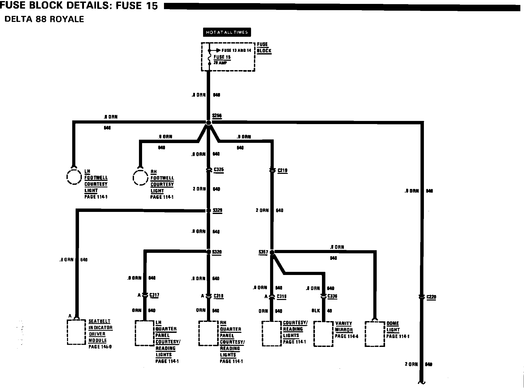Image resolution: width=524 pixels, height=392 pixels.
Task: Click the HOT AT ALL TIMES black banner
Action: coord(227,32)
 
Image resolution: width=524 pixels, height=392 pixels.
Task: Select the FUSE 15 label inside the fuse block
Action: coord(222,57)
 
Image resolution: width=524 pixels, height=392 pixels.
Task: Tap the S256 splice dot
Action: coord(208,123)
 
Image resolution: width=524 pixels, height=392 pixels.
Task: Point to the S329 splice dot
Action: coord(208,210)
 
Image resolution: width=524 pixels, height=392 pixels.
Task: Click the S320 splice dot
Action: coord(208,252)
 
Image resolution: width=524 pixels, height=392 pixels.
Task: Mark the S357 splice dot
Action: coord(272,252)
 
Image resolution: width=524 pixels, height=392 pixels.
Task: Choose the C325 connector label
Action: coord(219,170)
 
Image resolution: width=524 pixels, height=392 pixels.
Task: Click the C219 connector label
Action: coord(282,171)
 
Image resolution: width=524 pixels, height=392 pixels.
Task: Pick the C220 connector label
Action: coord(431,297)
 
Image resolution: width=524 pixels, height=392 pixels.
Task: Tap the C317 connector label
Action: coord(154,295)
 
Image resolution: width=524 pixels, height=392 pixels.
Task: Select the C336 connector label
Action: coord(332,296)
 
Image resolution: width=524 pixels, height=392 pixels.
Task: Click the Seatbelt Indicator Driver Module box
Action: coord(76,332)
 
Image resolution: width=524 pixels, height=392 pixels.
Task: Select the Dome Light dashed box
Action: coord(375,334)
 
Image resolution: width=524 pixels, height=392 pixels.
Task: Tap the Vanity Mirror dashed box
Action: coord(323,334)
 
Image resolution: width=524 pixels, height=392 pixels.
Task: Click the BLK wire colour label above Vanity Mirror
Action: coord(316,311)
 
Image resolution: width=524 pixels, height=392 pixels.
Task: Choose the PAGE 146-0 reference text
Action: coord(100,347)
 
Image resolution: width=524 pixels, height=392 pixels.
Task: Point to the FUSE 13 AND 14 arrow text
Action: coord(236,51)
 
